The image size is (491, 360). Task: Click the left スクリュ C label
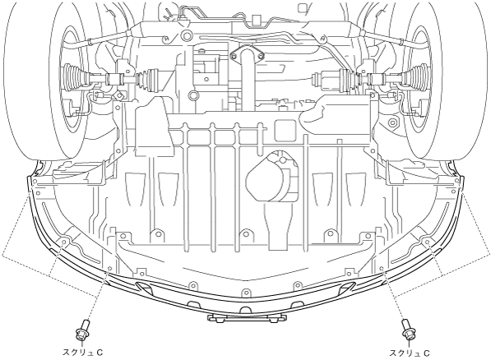point(83,353)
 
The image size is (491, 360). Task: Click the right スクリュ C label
point(410,353)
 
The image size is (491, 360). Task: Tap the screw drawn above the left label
point(82,330)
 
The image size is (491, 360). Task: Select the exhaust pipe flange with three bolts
point(247,55)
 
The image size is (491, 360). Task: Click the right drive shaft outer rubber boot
point(415,77)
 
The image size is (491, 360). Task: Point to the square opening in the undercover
point(285,130)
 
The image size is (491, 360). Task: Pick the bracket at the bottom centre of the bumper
point(247,318)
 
